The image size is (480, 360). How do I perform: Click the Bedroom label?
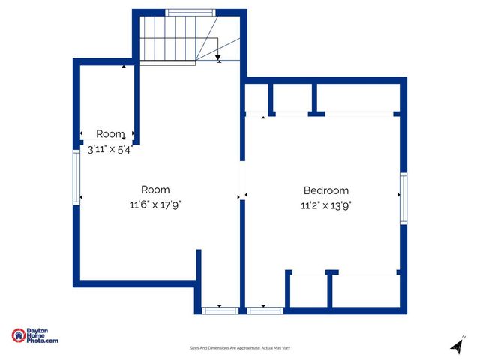point(325,190)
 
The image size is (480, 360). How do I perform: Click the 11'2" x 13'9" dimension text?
point(325,205)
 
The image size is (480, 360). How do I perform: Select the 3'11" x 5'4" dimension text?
point(109,148)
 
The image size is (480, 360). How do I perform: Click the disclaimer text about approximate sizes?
point(239,348)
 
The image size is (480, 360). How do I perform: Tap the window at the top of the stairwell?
point(190,12)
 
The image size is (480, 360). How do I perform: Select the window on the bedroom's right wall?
point(403,198)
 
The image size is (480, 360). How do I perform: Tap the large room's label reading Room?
point(155,190)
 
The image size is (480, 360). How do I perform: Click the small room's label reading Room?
point(109,134)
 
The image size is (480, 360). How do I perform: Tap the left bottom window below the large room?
point(220,309)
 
